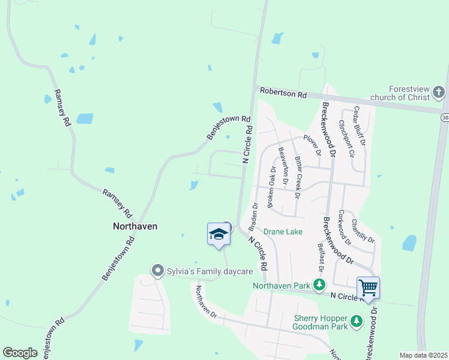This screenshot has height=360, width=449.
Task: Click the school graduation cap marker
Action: tap(218, 235)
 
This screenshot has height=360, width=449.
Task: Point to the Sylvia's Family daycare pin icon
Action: tap(158, 271)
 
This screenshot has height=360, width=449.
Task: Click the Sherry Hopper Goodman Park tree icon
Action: tap(357, 321)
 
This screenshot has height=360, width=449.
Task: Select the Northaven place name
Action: tap(136, 226)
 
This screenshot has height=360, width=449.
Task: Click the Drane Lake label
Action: tap(283, 232)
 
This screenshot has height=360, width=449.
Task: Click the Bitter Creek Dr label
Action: tap(298, 178)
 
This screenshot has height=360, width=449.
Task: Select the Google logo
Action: tap(20, 353)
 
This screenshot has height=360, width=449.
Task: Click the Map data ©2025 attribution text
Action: tap(424, 355)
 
